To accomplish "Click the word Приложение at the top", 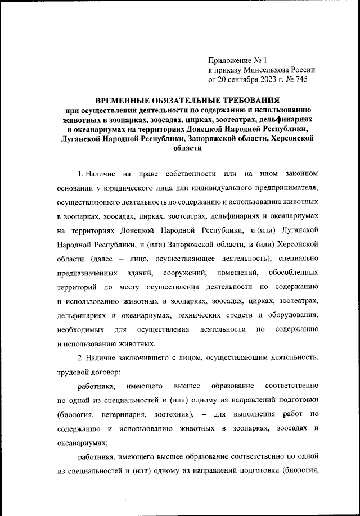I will (x=228, y=60).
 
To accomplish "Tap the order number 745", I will (x=301, y=80).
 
